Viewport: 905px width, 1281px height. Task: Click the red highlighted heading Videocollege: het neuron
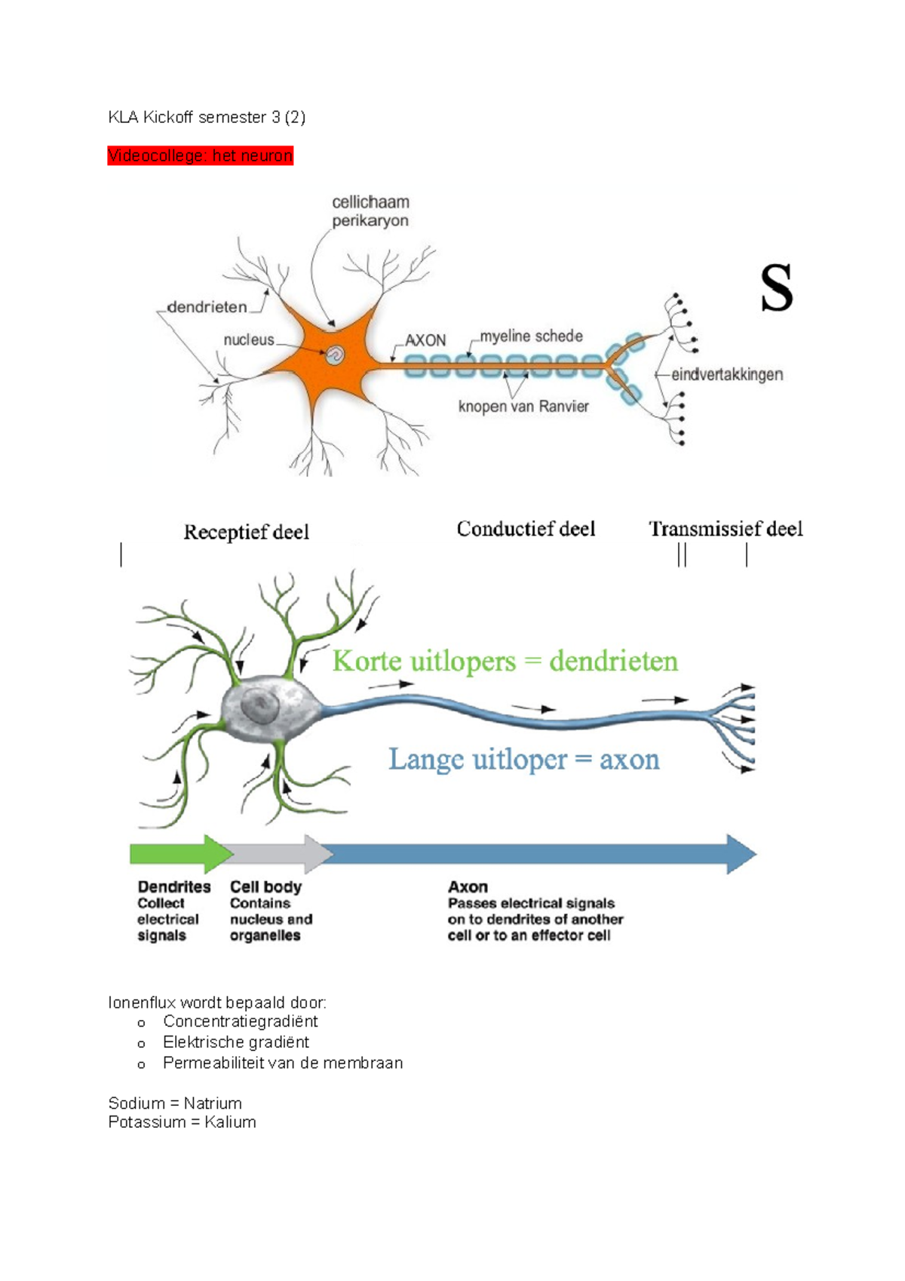[200, 155]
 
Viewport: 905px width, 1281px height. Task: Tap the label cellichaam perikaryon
[370, 211]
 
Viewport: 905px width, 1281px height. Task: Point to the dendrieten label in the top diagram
[207, 307]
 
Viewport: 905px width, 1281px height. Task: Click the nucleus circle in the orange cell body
[334, 354]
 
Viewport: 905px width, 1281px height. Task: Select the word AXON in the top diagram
[425, 340]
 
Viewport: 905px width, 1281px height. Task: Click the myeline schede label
[531, 336]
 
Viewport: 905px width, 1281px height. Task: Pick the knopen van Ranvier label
[523, 407]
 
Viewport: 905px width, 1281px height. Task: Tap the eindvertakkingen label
[727, 374]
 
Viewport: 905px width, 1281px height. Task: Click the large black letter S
[776, 288]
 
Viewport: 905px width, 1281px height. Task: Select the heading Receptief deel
[246, 532]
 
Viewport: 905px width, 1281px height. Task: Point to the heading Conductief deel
[526, 529]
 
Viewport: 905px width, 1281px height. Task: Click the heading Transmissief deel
[726, 529]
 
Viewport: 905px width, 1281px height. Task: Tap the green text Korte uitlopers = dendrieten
[505, 662]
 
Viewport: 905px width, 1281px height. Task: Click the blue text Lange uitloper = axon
[523, 759]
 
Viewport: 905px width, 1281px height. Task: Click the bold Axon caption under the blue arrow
[468, 886]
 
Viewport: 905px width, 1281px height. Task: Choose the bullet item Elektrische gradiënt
[235, 1042]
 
